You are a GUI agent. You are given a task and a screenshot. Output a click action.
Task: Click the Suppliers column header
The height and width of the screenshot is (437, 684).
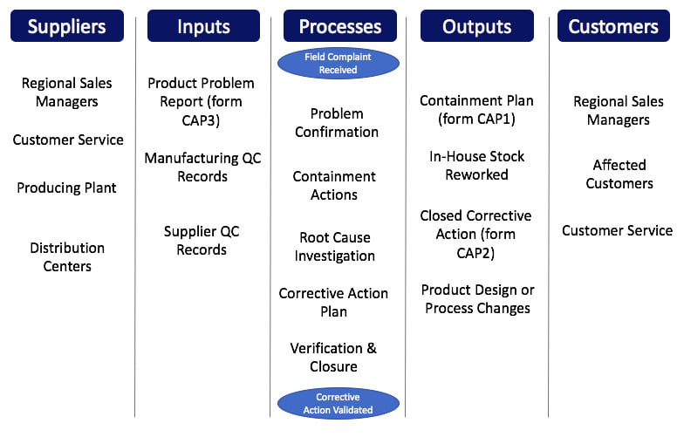(x=67, y=26)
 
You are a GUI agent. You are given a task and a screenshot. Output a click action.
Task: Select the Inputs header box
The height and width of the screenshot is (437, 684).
(x=203, y=26)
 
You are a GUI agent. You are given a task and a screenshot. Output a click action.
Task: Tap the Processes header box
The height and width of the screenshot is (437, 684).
(x=339, y=26)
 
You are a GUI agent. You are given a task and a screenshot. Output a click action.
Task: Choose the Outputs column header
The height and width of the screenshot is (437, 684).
(x=476, y=26)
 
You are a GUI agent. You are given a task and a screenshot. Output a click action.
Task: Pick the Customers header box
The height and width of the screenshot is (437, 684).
(x=614, y=26)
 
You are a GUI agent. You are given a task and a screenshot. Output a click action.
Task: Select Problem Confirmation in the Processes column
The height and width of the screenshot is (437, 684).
(x=337, y=123)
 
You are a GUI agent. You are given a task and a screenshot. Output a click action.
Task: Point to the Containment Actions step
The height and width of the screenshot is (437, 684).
(x=334, y=185)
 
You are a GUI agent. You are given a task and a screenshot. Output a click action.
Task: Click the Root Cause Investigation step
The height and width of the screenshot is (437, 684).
(x=335, y=247)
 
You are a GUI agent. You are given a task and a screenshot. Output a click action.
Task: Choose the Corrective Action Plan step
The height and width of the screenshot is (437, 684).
(x=333, y=303)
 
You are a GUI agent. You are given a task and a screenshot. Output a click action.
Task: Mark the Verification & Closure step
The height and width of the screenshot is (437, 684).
(x=333, y=358)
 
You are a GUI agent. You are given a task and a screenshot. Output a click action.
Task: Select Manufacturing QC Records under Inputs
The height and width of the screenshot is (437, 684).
(x=202, y=167)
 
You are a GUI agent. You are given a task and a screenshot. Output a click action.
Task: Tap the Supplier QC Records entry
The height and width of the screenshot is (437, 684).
(x=202, y=241)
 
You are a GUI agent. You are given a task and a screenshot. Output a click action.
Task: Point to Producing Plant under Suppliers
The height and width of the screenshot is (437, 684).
(x=66, y=188)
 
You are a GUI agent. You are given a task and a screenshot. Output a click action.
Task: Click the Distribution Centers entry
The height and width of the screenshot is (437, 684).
(x=67, y=256)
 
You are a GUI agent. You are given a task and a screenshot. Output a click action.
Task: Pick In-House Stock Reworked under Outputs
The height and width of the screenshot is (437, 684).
(x=476, y=166)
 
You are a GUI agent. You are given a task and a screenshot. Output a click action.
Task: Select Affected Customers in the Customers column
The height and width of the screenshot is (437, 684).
(x=619, y=174)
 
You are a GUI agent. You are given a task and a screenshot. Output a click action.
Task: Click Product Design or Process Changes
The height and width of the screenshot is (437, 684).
(x=477, y=298)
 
